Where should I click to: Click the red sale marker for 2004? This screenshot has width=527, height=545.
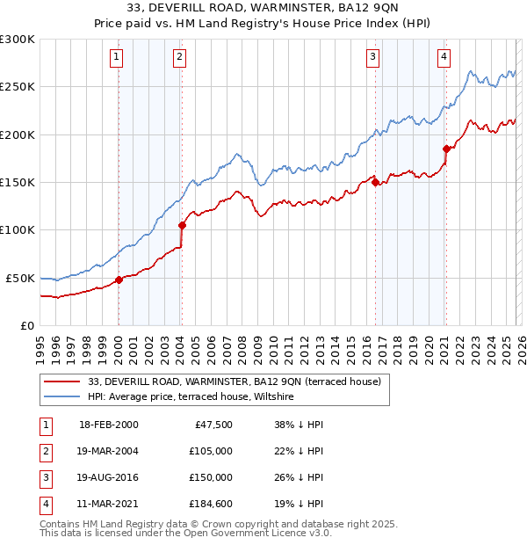pyautogui.click(x=182, y=225)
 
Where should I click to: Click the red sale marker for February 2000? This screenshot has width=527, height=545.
pyautogui.click(x=119, y=280)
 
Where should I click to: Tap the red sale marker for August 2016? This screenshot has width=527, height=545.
pyautogui.click(x=375, y=182)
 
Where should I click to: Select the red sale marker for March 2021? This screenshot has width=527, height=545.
pyautogui.click(x=446, y=149)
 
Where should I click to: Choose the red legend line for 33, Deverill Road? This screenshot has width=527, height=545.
pyautogui.click(x=61, y=382)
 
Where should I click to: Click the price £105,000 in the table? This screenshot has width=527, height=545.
pyautogui.click(x=210, y=451)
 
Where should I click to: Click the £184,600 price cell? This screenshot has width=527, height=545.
pyautogui.click(x=210, y=504)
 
